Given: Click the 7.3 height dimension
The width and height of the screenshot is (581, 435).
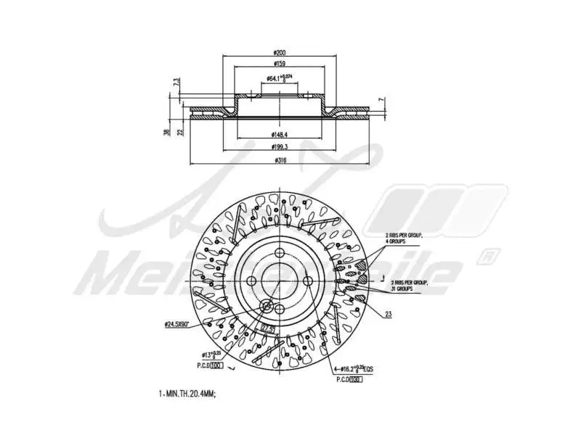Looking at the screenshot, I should [176, 84].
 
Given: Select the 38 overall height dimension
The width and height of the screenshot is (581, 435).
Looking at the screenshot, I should [167, 131].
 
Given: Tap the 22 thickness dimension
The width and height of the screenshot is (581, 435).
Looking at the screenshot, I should [180, 131].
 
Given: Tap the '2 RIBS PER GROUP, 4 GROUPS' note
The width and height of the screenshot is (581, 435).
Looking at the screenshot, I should [405, 239].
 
